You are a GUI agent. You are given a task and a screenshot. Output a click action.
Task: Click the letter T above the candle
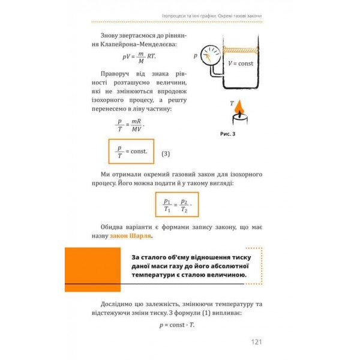pyautogui.click(x=232, y=103)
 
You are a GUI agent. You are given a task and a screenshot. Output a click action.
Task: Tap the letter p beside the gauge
pyautogui.click(x=196, y=56)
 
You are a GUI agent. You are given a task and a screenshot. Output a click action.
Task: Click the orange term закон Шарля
pyautogui.click(x=131, y=237)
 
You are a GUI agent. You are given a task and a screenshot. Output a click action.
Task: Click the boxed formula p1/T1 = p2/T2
pyautogui.click(x=176, y=205)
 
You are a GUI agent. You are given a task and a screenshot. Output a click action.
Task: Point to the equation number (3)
pyautogui.click(x=166, y=153)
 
